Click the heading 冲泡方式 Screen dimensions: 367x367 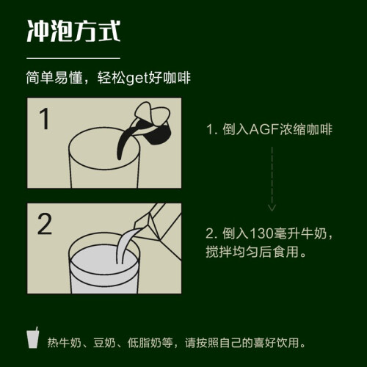(x=73, y=31)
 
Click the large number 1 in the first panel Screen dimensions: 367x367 (x=45, y=119)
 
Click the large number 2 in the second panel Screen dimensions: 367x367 (x=45, y=224)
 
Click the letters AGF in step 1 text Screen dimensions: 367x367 (x=264, y=129)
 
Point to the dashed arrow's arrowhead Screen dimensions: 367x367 (x=272, y=208)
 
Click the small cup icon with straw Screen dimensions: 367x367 (x=33, y=338)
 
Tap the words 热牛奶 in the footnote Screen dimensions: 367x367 (x=64, y=343)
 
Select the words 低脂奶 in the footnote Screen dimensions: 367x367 (x=145, y=343)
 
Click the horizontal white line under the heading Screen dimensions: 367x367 (x=73, y=58)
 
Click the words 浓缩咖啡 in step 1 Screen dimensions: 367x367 (x=306, y=129)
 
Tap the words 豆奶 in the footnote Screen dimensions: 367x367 (x=104, y=343)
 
